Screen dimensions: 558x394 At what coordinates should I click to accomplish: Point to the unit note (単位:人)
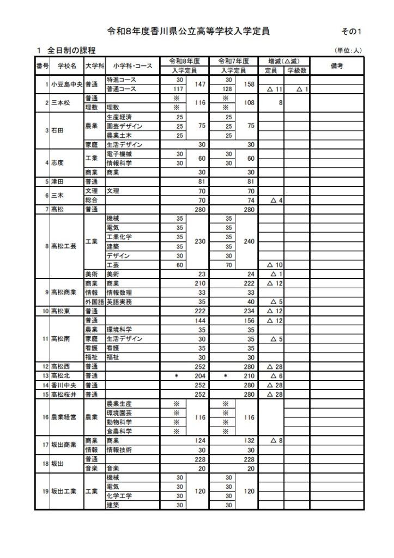coord(348,51)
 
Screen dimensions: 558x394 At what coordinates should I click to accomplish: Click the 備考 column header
coord(336,66)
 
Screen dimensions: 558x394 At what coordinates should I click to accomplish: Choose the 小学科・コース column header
coord(132,66)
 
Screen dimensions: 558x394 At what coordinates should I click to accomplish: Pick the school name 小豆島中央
coord(66,84)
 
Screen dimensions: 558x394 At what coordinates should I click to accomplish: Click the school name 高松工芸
coord(64,246)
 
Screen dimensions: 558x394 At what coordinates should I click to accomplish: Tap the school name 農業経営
coord(64,417)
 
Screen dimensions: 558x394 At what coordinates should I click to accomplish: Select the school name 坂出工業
coord(64,492)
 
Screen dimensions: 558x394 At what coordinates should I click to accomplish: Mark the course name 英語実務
coord(119,302)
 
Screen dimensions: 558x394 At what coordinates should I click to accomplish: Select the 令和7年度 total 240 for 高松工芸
coord(248,241)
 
